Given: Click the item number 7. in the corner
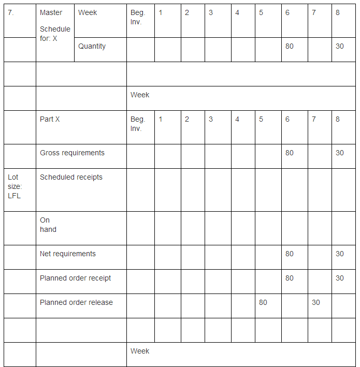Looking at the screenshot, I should click(11, 12).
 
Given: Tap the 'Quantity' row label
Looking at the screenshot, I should click(92, 46).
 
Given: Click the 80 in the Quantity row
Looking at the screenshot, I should click(289, 46).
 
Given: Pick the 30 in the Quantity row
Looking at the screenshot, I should click(339, 46).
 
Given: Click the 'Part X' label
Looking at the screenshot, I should click(50, 119).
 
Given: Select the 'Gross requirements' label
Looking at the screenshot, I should click(72, 153).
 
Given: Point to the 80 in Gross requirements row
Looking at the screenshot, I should click(289, 153).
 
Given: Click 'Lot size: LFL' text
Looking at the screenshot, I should click(15, 186).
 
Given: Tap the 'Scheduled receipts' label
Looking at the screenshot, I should click(71, 177).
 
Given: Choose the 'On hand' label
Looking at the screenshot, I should click(48, 225).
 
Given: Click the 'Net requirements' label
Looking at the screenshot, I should click(68, 254).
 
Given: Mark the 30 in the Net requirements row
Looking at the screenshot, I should click(339, 254).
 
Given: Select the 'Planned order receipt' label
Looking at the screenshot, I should click(75, 278).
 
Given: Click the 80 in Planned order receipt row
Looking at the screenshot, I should click(289, 278).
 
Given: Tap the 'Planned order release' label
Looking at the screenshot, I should click(76, 302).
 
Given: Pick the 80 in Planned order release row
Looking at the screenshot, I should click(263, 302).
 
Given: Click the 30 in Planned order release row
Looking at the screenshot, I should click(316, 302).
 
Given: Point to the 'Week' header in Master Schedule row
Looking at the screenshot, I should click(88, 12).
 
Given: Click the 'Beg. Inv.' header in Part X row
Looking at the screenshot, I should click(137, 124).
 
